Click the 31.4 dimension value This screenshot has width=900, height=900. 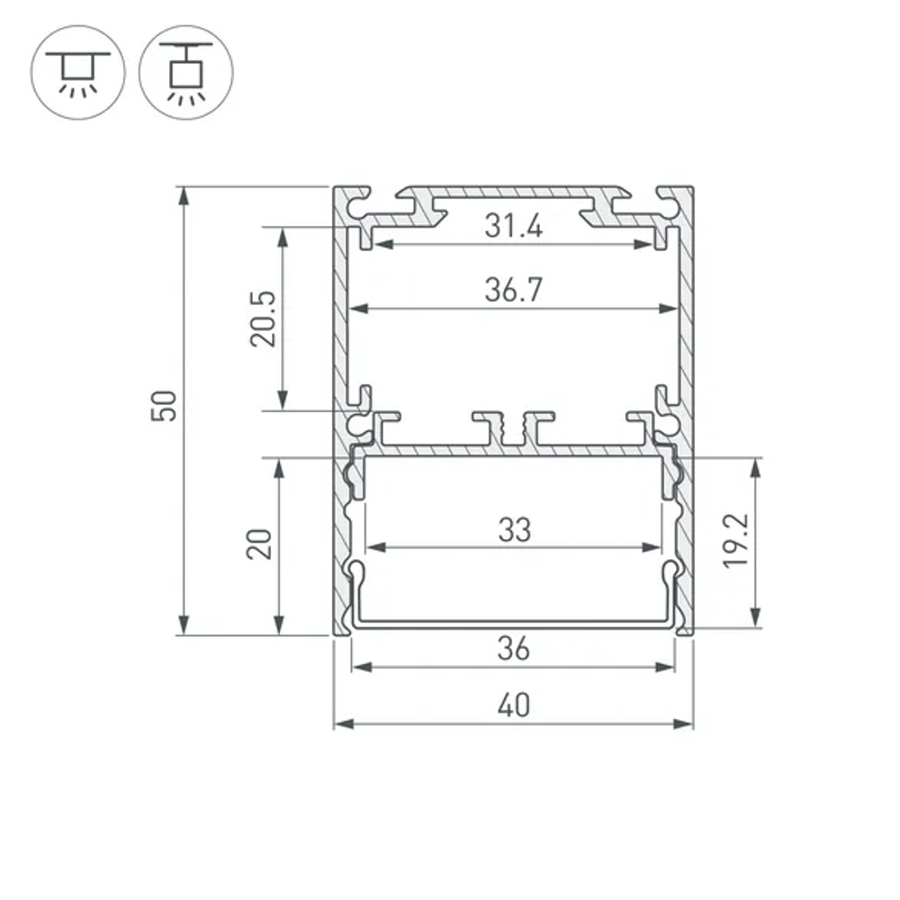click(x=513, y=226)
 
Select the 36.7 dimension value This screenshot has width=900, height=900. click(x=513, y=290)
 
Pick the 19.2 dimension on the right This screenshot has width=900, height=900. click(x=736, y=541)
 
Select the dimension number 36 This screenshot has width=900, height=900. click(x=513, y=647)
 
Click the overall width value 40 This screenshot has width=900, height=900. click(x=513, y=706)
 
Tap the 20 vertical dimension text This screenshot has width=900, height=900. click(x=260, y=544)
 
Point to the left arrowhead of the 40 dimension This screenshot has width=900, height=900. click(x=340, y=724)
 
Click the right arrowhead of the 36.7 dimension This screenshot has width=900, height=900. click(x=670, y=309)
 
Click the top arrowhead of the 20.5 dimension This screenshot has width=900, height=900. click(x=283, y=234)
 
